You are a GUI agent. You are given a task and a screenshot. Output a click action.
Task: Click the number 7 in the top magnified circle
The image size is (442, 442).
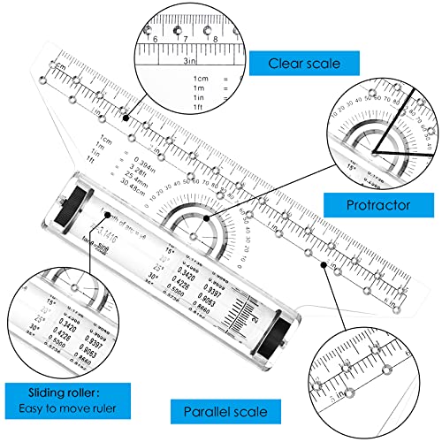(x=184, y=39)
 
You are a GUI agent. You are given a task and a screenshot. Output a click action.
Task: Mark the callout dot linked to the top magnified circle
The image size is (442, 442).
(x=126, y=117)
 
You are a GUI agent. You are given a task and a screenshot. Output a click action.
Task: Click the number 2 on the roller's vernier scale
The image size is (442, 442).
(x=254, y=312)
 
